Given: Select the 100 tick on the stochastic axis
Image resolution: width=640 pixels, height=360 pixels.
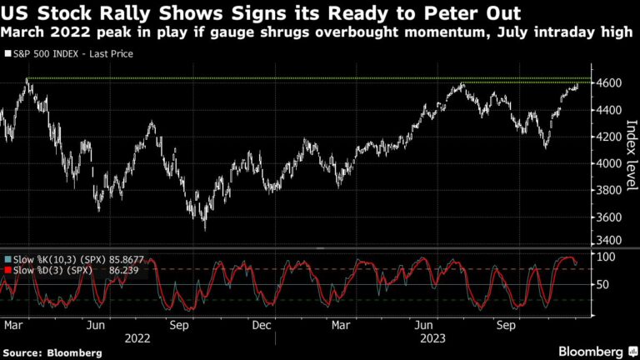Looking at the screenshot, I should (605, 257).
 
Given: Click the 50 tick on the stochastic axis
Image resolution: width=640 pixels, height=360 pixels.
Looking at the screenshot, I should (602, 284).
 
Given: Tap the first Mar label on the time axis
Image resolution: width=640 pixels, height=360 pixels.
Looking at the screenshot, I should (13, 325).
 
